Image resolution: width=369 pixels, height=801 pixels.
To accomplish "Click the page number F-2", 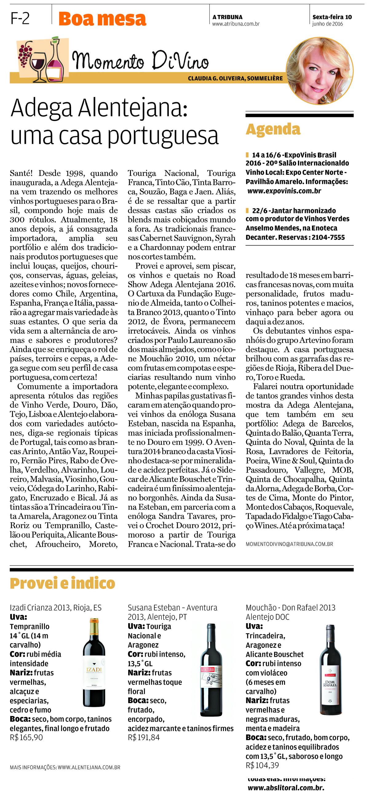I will coord(20,19).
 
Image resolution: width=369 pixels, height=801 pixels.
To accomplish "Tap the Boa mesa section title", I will coord(102,19).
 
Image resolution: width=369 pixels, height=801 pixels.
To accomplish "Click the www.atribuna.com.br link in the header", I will coord(236,24).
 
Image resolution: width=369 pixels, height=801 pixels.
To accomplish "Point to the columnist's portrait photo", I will coord(319,71).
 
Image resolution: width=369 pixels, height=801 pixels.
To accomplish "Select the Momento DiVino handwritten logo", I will coord(140,60).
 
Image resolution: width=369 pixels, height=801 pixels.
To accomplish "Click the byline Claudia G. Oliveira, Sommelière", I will coord(235,79).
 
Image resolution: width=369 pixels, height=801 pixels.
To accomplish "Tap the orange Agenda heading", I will coord(273,129).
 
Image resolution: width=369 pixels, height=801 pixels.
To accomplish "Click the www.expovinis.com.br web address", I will coord(284,191).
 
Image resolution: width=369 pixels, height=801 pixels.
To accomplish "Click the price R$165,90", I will coord(26,737).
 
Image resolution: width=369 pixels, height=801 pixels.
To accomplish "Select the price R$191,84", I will coord(144,737).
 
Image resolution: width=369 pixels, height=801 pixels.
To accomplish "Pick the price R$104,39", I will coord(262,765).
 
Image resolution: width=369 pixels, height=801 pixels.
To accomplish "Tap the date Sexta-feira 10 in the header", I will coord(332,17).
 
